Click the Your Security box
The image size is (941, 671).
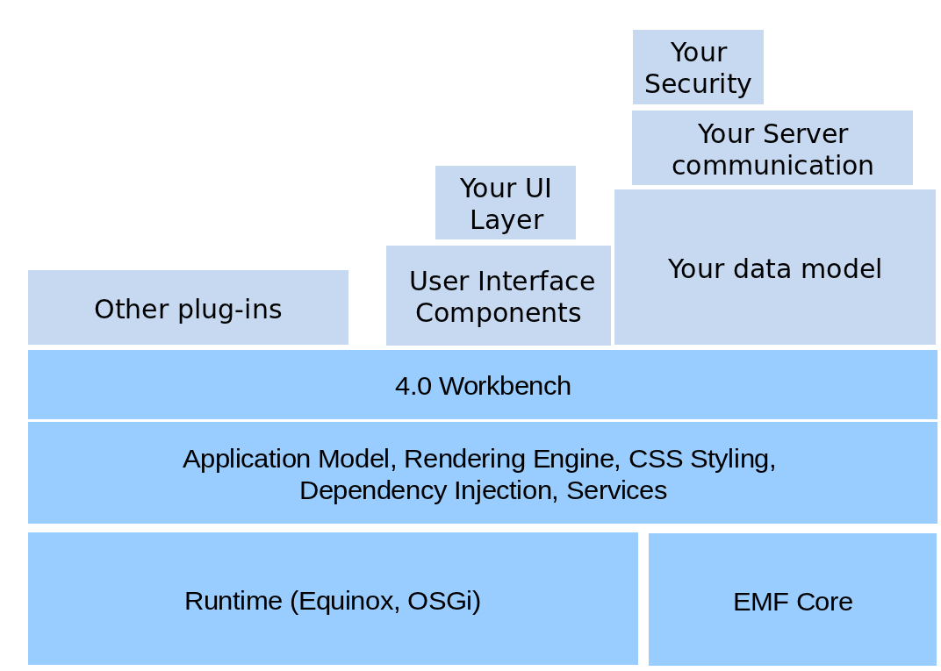coord(698,68)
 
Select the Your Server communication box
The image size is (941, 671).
coord(772,147)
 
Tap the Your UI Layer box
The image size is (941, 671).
coord(506,203)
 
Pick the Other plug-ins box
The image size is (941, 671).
coord(188,307)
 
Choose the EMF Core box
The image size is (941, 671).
coord(793,599)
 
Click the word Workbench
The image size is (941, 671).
coord(506,386)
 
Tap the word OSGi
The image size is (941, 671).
coord(443,601)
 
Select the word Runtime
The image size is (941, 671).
coord(233,601)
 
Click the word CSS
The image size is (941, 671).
coord(656,459)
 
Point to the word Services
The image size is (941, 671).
coord(616,490)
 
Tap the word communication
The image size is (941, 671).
coord(772,166)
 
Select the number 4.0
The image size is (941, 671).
coord(413,386)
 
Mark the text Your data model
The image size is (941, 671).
coord(775,268)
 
